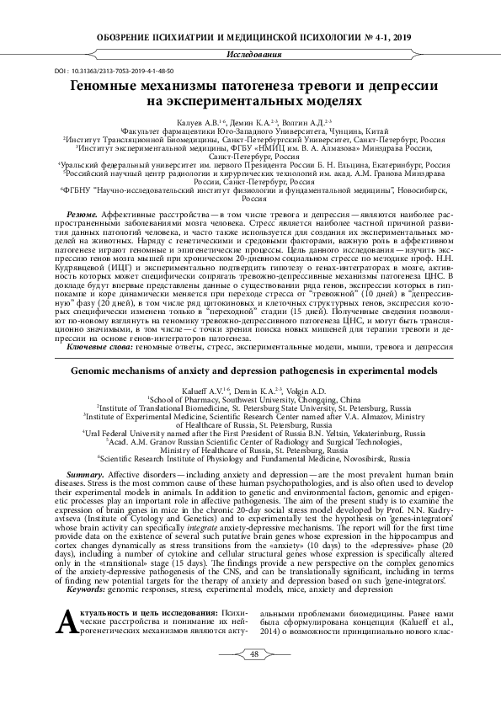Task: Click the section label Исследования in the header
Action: pos(250,55)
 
